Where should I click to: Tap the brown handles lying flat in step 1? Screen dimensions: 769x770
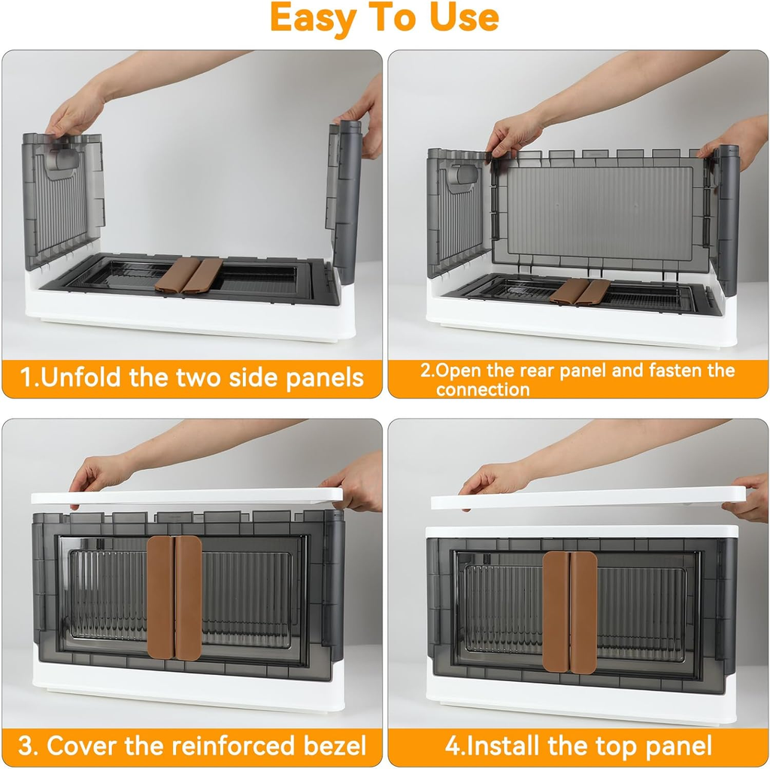[188, 275]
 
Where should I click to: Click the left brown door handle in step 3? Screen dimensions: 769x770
[160, 598]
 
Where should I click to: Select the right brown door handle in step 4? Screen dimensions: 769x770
[584, 612]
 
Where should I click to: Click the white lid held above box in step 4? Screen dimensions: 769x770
[587, 498]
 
